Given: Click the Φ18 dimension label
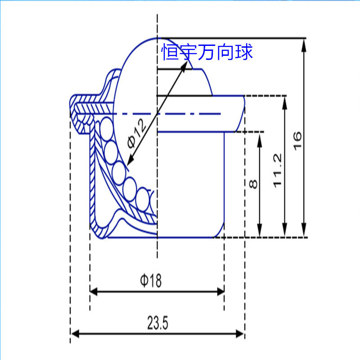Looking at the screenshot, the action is (151, 280).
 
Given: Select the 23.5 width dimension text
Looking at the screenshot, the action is (158, 323).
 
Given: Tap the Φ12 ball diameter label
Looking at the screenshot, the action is (137, 133).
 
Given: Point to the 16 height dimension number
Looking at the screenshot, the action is (297, 141).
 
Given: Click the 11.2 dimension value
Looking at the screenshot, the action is (277, 171).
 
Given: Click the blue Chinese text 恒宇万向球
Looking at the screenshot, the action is (207, 52).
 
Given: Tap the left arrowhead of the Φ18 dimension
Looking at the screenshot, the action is (94, 292).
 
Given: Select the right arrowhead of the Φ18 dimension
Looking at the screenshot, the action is (220, 292).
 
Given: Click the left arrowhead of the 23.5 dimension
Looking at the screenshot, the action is (75, 334).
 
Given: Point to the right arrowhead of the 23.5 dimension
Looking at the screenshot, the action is (240, 334).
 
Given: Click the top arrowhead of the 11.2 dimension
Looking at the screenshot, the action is (285, 103).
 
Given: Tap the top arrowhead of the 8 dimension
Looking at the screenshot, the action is (260, 140).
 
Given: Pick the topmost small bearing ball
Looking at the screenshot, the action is (107, 128).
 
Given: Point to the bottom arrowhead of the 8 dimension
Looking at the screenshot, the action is (260, 230).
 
